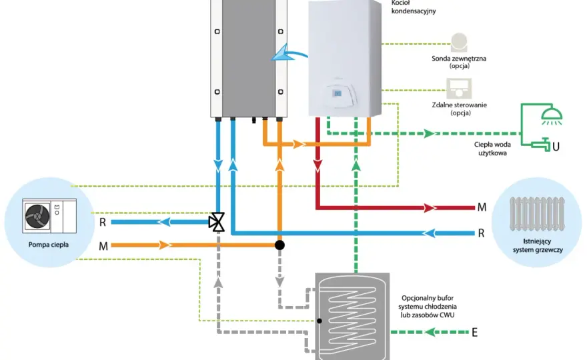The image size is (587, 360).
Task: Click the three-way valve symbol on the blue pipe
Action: tap(217, 222)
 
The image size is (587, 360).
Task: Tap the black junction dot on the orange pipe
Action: tap(279, 245)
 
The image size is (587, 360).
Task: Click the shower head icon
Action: tap(552, 115)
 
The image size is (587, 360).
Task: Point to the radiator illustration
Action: tap(537, 214)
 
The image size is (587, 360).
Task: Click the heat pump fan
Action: tap(37, 216)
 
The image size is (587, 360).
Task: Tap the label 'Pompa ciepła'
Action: tap(49, 245)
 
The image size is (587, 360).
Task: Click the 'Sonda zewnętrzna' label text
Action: tap(459, 59)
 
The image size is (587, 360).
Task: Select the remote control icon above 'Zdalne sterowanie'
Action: tap(459, 89)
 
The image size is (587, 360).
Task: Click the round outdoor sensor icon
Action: tap(459, 42)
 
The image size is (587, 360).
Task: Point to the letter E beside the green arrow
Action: tap(475, 332)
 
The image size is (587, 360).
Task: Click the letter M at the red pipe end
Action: tap(482, 207)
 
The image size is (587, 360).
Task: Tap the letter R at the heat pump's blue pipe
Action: tap(103, 222)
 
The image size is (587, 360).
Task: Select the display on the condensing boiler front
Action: tap(337, 93)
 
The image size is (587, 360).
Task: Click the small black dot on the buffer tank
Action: tap(320, 321)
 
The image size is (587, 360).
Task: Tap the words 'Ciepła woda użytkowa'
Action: tap(492, 149)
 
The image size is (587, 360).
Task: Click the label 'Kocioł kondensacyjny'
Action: tap(414, 7)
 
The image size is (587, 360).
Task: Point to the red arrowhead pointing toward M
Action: tap(430, 208)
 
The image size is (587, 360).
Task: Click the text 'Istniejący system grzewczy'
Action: tap(538, 245)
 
